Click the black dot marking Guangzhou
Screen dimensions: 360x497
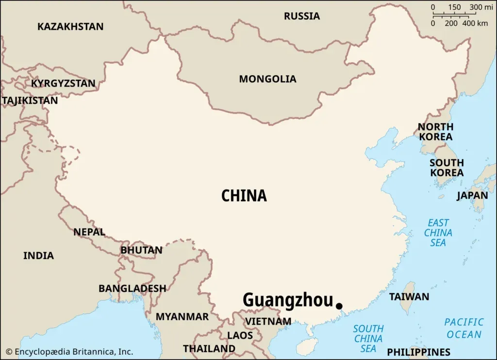point(339,306)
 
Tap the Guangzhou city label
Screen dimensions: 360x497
point(288,300)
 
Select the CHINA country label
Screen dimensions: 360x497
point(244,196)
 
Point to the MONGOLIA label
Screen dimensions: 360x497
point(267,79)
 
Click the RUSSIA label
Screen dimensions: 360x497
point(302,16)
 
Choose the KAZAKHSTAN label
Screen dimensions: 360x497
point(70,27)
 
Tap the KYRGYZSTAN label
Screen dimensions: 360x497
point(63,83)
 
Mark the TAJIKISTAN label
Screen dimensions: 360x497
point(30,101)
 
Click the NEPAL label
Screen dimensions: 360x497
point(89,232)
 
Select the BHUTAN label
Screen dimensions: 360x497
point(141,250)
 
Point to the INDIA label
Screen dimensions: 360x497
point(38,256)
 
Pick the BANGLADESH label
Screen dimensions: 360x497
point(132,289)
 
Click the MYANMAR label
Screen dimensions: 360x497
point(182,317)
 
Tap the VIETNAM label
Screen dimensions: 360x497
point(268,321)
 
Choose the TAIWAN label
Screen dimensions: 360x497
point(409,296)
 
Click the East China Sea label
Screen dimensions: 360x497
point(438,232)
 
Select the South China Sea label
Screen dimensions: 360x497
point(368,339)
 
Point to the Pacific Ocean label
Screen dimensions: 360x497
point(464,328)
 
